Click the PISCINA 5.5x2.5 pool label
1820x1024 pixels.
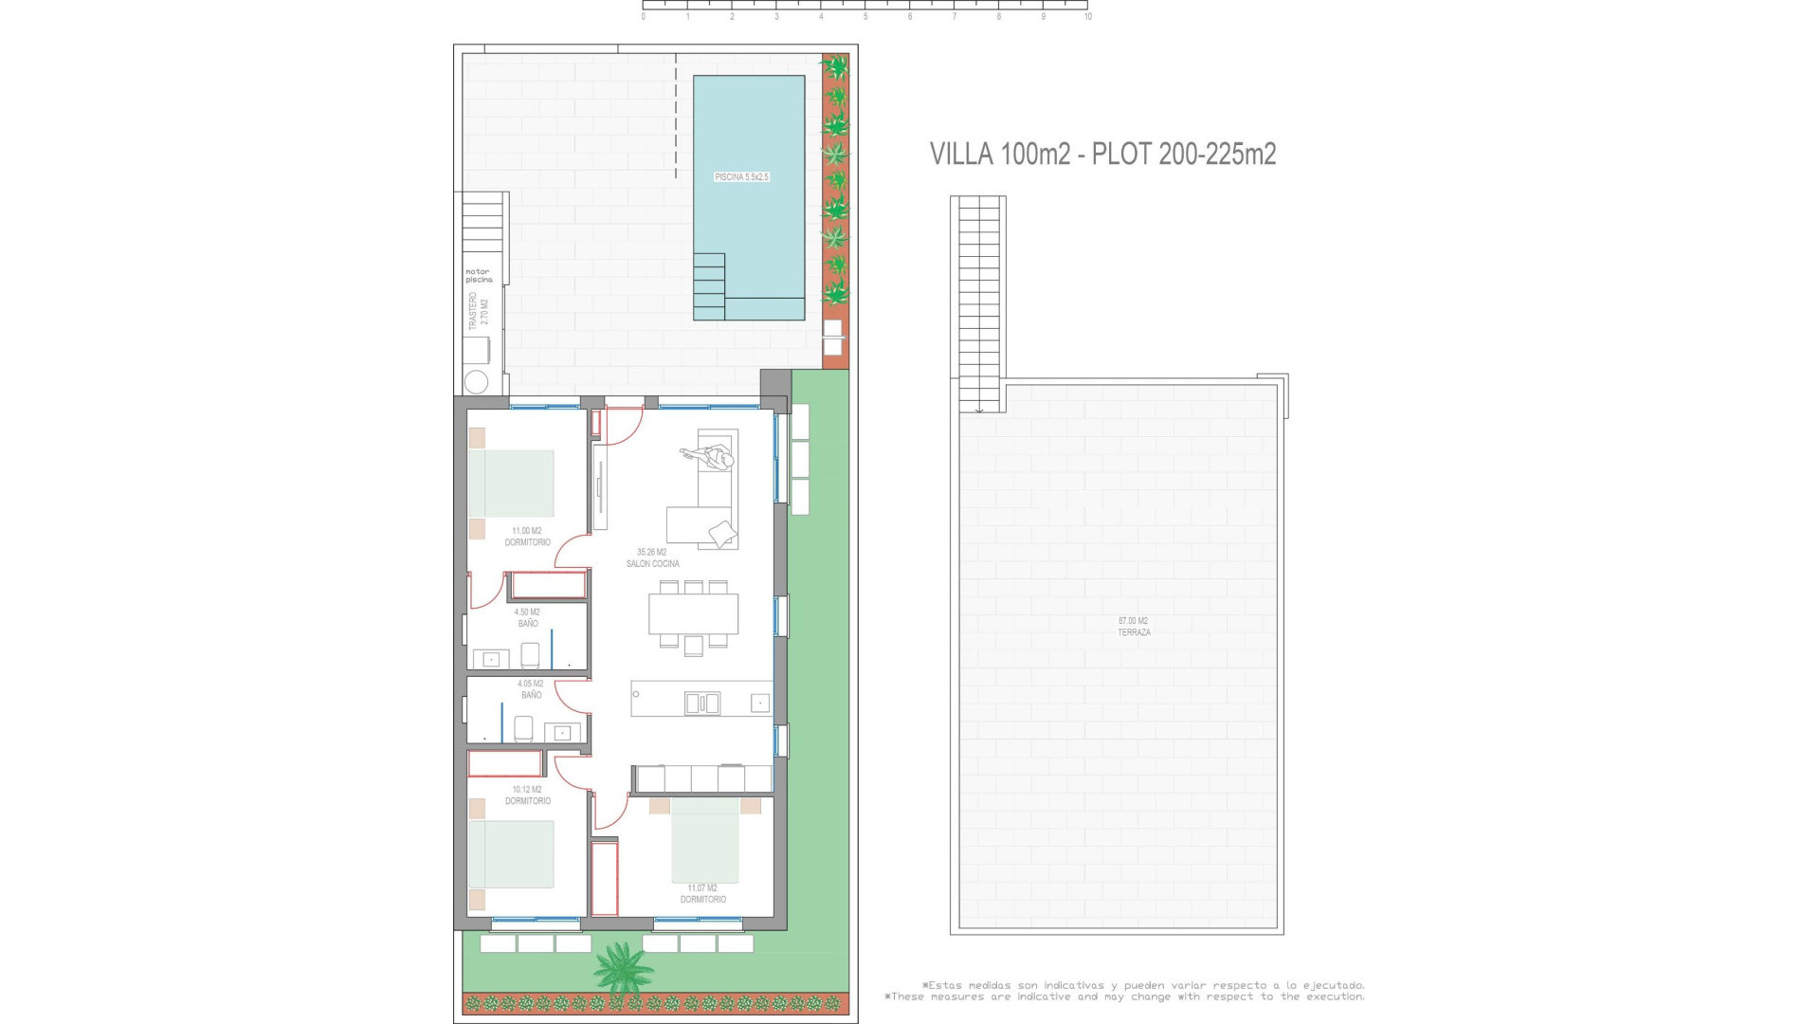[x=741, y=177]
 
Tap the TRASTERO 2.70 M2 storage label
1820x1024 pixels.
[x=479, y=311]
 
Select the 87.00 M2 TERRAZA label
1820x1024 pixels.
[x=1133, y=627]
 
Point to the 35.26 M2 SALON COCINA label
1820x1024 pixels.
[x=652, y=558]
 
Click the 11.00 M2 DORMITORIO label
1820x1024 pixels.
[x=527, y=537]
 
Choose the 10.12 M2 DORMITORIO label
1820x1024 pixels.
[x=527, y=795]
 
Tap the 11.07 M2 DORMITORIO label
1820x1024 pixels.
[x=702, y=894]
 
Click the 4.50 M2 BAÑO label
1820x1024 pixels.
[x=527, y=617]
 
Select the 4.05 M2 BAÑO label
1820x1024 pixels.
[x=530, y=689]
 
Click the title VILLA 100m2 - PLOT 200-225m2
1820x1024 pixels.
[x=1102, y=154]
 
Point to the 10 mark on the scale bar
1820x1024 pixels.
[x=1087, y=17]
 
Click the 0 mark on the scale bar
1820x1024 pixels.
[x=644, y=17]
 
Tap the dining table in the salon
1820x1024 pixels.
[x=693, y=613]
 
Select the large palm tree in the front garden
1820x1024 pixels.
[x=624, y=967]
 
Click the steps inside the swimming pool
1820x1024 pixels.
[x=709, y=286]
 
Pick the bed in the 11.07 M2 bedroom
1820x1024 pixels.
[x=704, y=840]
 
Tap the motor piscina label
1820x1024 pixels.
[x=479, y=276]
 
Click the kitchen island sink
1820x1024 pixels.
[x=701, y=703]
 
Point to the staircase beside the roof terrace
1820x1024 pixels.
[x=978, y=303]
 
